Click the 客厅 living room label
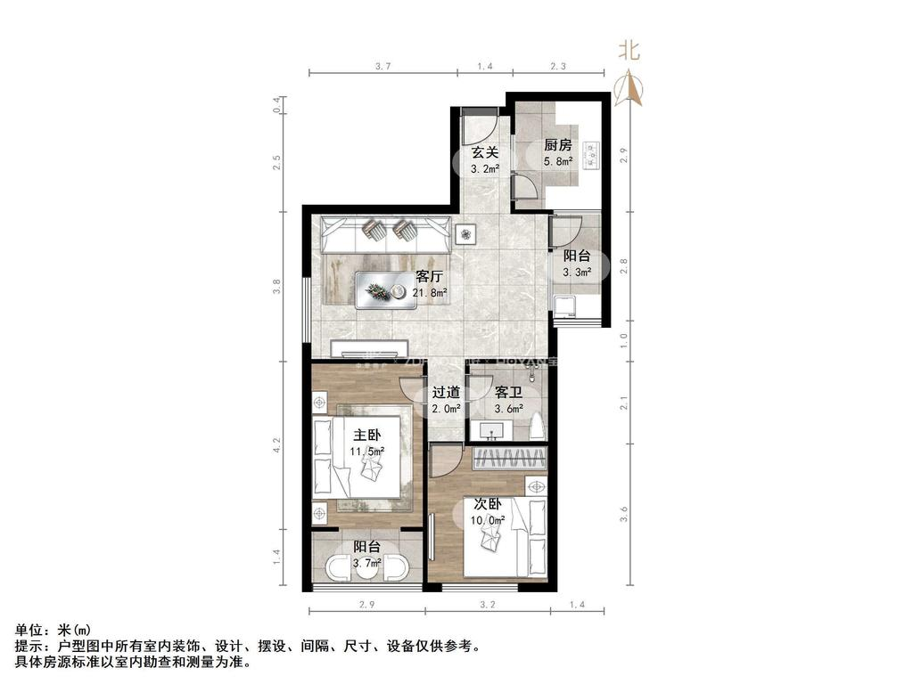[x=430, y=275]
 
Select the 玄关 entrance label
[x=484, y=151]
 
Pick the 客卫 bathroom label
[x=508, y=392]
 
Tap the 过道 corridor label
[x=446, y=392]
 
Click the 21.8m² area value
[x=430, y=291]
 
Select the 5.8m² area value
[x=558, y=162]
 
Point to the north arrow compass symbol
[x=629, y=86]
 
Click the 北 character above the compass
[x=629, y=52]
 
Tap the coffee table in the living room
[x=387, y=290]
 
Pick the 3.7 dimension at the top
[x=383, y=65]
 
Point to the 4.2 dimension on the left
[x=277, y=441]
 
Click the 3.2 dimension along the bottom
[x=487, y=606]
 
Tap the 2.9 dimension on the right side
[x=625, y=153]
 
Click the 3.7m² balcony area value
[x=367, y=563]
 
